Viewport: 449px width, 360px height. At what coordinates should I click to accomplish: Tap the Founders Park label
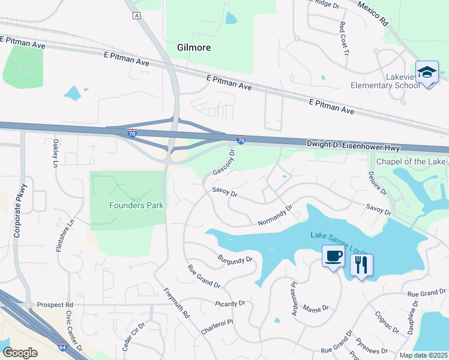click(x=136, y=205)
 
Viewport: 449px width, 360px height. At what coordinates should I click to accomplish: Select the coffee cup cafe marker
click(x=333, y=257)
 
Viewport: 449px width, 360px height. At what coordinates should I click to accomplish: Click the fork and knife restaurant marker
click(x=361, y=265)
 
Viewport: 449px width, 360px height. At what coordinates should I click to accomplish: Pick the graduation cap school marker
click(x=427, y=73)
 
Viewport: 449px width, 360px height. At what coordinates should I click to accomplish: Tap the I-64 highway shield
click(x=62, y=346)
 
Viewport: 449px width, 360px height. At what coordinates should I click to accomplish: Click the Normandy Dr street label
click(x=274, y=216)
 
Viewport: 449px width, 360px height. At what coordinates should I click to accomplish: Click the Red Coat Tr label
click(x=344, y=37)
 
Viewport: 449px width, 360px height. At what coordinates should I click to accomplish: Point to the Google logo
click(x=20, y=353)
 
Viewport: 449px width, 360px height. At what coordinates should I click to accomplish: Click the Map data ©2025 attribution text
click(x=423, y=355)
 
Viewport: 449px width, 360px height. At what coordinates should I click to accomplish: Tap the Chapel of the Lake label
click(x=411, y=161)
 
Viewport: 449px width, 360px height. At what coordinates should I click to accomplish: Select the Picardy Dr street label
click(x=231, y=304)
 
